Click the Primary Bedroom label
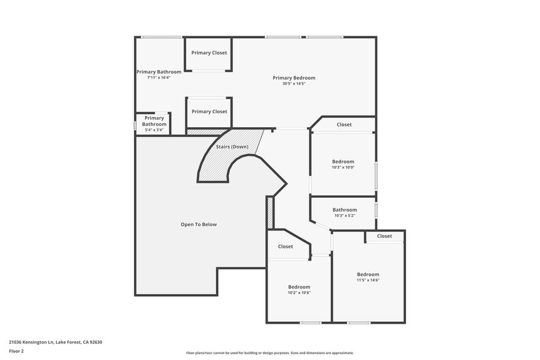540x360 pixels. pyautogui.click(x=294, y=78)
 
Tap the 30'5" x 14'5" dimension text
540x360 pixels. pyautogui.click(x=294, y=84)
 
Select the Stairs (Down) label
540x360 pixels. pyautogui.click(x=232, y=147)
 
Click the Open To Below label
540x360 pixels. pyautogui.click(x=199, y=224)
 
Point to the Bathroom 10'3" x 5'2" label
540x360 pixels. pyautogui.click(x=345, y=210)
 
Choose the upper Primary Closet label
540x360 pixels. pyautogui.click(x=209, y=53)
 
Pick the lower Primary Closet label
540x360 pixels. pyautogui.click(x=209, y=111)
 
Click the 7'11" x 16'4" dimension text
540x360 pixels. pyautogui.click(x=158, y=78)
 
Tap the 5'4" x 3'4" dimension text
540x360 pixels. pyautogui.click(x=154, y=130)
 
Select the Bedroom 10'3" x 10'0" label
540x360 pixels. pyautogui.click(x=343, y=162)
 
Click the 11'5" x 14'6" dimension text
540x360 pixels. pyautogui.click(x=368, y=280)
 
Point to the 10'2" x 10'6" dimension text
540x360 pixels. pyautogui.click(x=299, y=292)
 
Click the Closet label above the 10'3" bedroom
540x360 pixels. pyautogui.click(x=344, y=125)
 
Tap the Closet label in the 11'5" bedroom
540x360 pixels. pyautogui.click(x=385, y=236)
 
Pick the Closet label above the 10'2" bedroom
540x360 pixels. pyautogui.click(x=285, y=246)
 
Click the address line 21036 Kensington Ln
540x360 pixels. pyautogui.click(x=55, y=342)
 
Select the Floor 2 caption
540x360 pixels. pyautogui.click(x=16, y=351)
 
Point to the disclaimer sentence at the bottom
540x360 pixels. pyautogui.click(x=269, y=353)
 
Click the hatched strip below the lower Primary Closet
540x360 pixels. pyautogui.click(x=207, y=132)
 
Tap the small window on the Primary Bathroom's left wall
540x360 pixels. pyautogui.click(x=135, y=125)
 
